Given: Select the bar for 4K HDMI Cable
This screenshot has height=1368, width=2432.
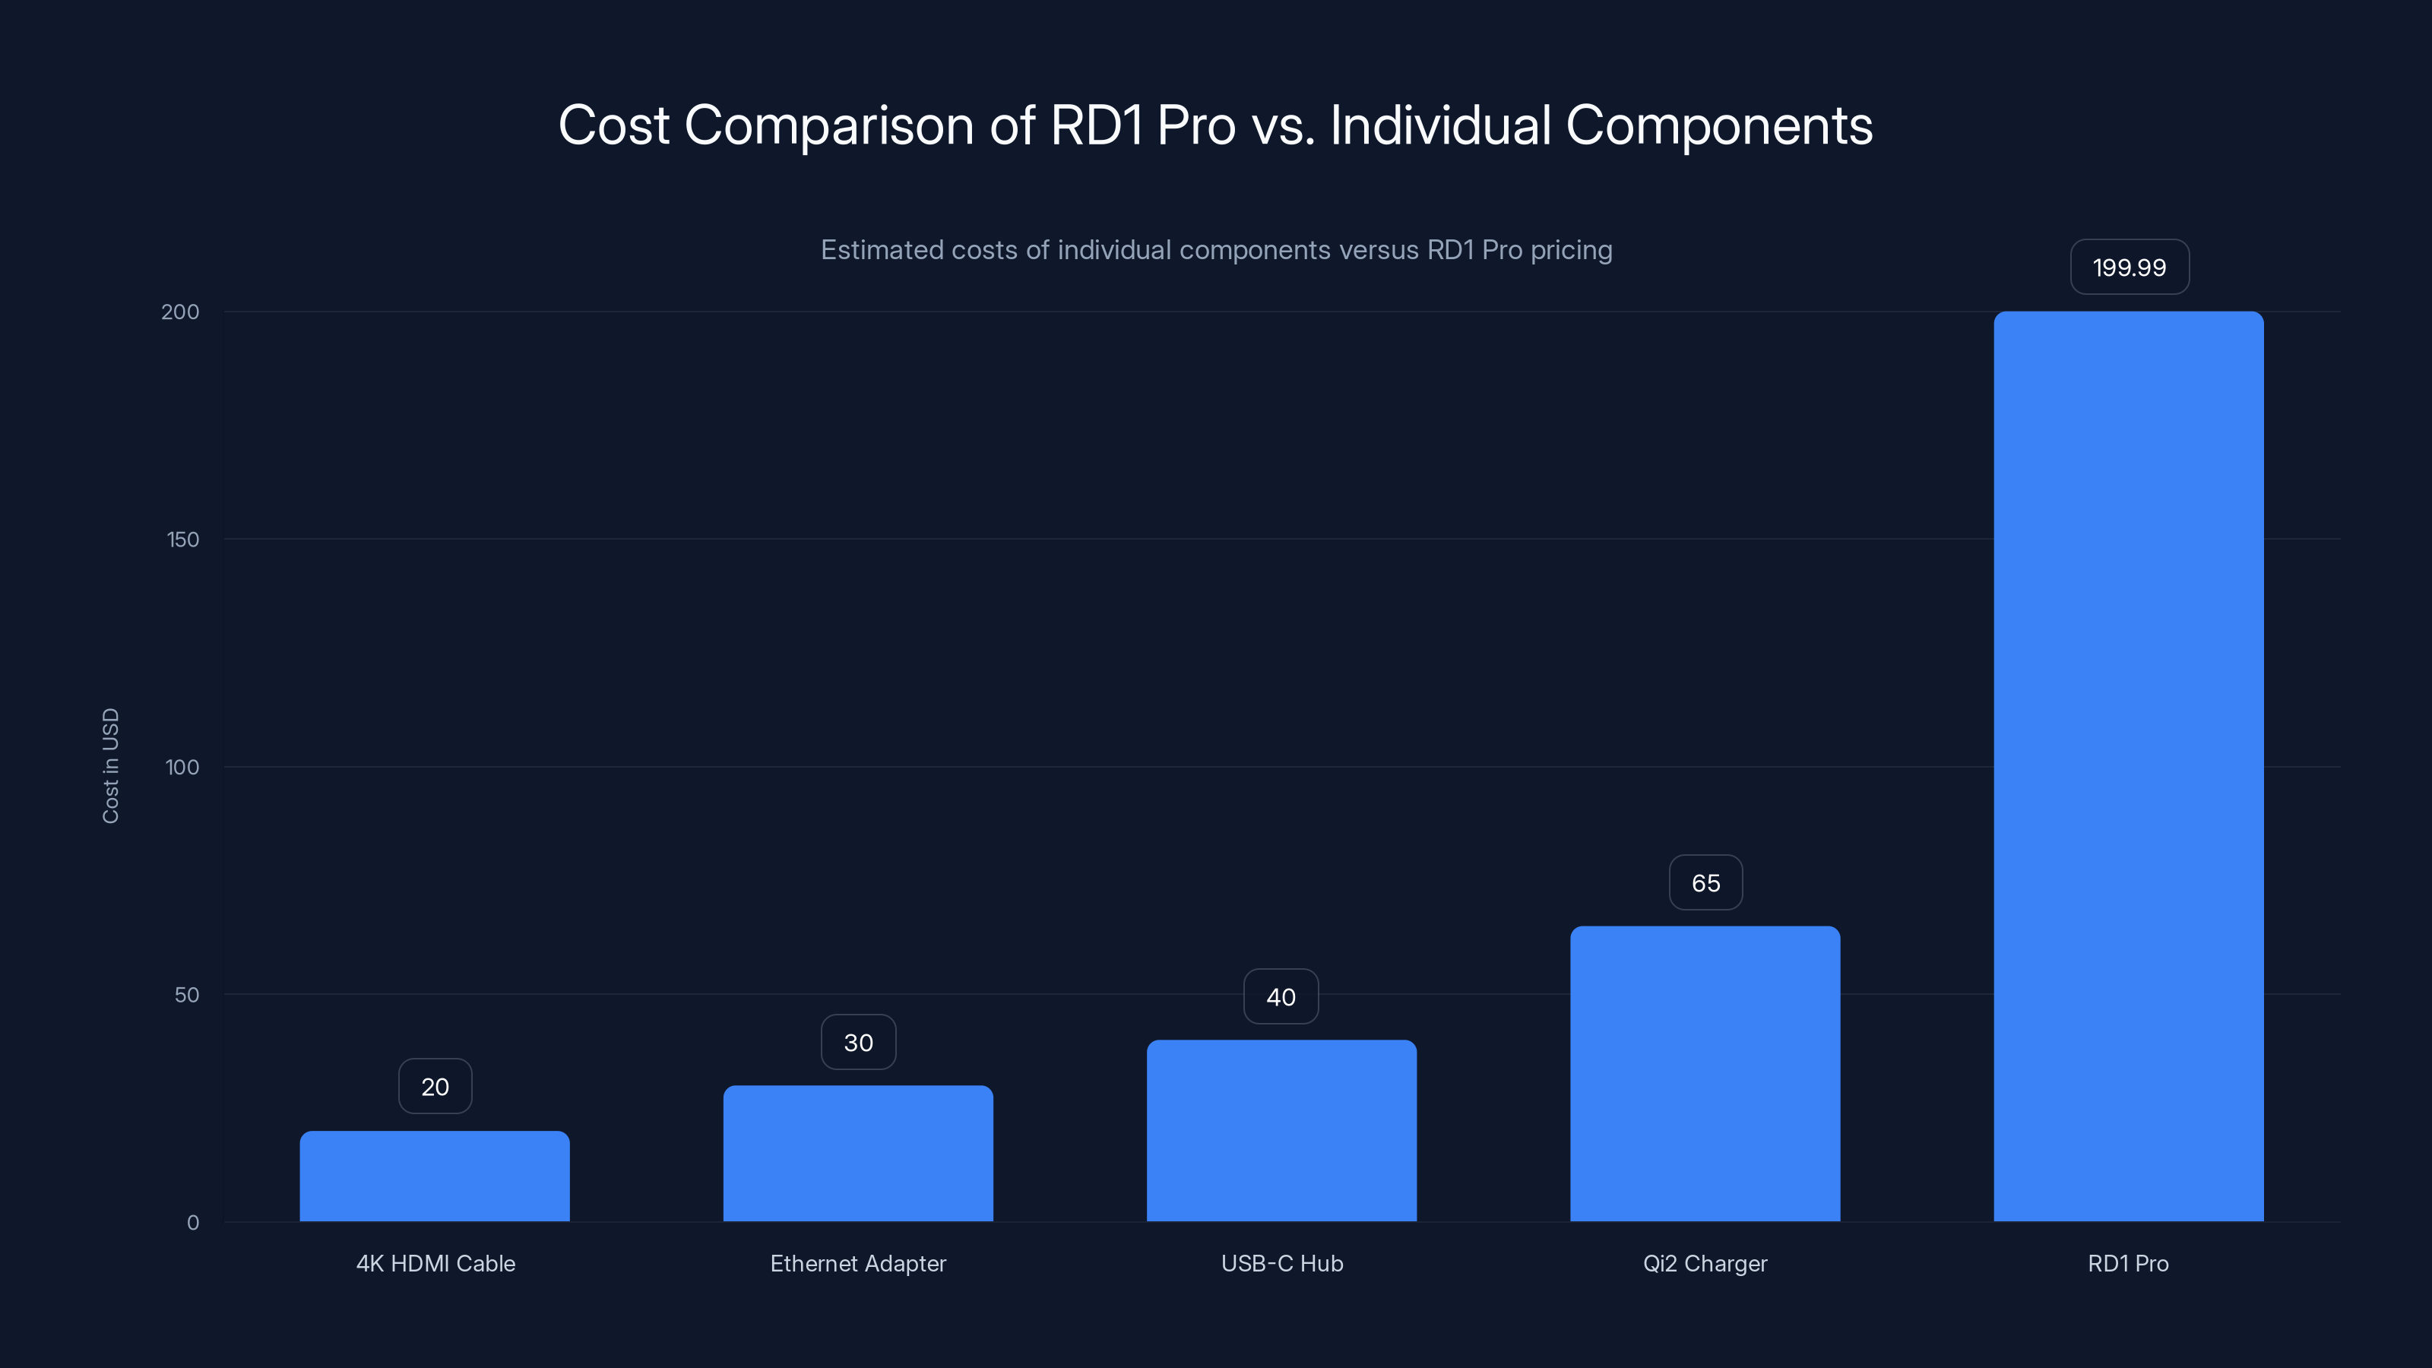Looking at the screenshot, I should (434, 1176).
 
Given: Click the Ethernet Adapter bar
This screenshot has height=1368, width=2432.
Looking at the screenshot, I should (857, 1153).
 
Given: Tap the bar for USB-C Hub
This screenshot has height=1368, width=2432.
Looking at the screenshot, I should (1281, 1130).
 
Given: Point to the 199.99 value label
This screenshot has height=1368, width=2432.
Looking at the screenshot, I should (2129, 268).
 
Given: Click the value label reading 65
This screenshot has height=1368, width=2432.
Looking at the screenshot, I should (1705, 882).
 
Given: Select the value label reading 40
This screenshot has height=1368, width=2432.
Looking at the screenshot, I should (1280, 997).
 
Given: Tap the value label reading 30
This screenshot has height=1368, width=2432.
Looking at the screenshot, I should (857, 1042).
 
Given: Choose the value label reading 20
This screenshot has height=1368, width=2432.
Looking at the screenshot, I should (434, 1087).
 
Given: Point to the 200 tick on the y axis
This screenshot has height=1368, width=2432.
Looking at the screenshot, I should (180, 312).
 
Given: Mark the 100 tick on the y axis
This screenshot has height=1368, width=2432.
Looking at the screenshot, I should (182, 767).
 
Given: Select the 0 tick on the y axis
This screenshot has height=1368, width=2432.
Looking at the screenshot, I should (192, 1223).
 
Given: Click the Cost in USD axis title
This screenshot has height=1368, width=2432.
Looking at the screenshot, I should (110, 765).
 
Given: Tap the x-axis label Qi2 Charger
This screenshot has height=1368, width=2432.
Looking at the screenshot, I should (1704, 1263).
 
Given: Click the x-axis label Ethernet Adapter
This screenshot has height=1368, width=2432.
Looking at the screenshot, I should (857, 1263).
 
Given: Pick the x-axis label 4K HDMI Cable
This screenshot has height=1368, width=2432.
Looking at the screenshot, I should (435, 1263).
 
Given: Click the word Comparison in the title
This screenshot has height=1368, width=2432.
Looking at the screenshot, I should (828, 125).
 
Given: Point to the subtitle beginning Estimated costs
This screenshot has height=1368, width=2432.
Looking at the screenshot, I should (1216, 250).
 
